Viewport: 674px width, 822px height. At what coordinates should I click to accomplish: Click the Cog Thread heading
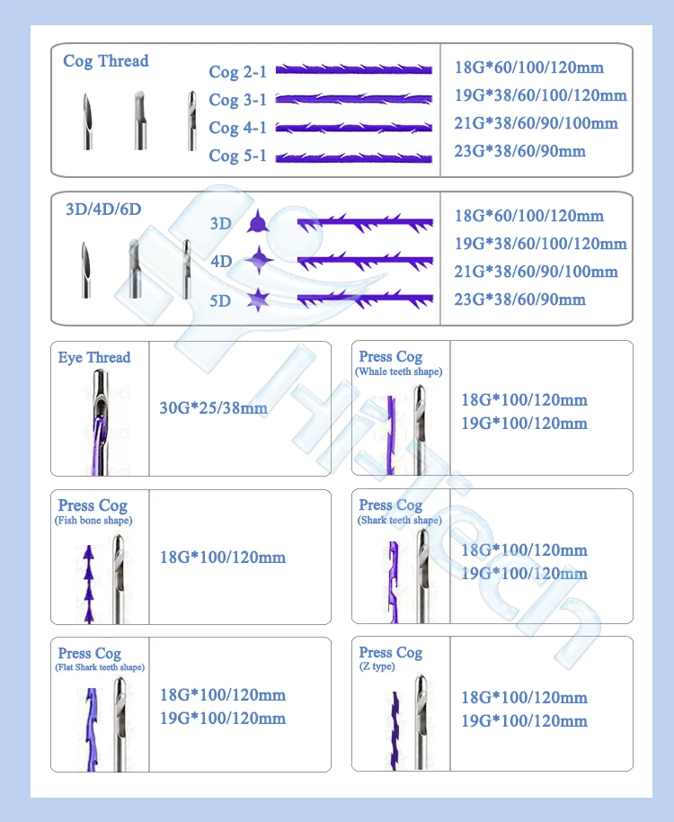coord(105,61)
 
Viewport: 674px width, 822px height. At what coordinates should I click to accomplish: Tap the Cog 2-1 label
coord(237,71)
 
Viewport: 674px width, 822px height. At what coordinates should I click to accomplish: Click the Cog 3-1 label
coord(237,99)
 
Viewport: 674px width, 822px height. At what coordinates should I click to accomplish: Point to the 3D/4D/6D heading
coord(103,209)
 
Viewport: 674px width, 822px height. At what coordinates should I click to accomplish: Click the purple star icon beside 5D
coord(259,299)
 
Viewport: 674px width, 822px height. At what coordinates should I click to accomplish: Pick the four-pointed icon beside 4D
coord(260,261)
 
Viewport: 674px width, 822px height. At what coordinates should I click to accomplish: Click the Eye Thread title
coord(94,357)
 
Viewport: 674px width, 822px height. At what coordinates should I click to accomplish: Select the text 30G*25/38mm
coord(213,407)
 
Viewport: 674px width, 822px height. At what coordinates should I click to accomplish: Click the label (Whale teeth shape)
coord(398,371)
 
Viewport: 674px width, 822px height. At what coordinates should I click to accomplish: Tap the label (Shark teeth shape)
coord(400,520)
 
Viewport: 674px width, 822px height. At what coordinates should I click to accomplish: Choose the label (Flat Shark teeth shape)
coord(101,667)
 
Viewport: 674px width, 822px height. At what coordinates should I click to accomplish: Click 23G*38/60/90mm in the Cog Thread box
coord(520,151)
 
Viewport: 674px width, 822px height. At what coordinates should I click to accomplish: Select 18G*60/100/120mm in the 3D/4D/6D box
coord(529,216)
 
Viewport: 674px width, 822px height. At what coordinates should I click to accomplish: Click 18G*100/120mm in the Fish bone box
coord(222,558)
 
